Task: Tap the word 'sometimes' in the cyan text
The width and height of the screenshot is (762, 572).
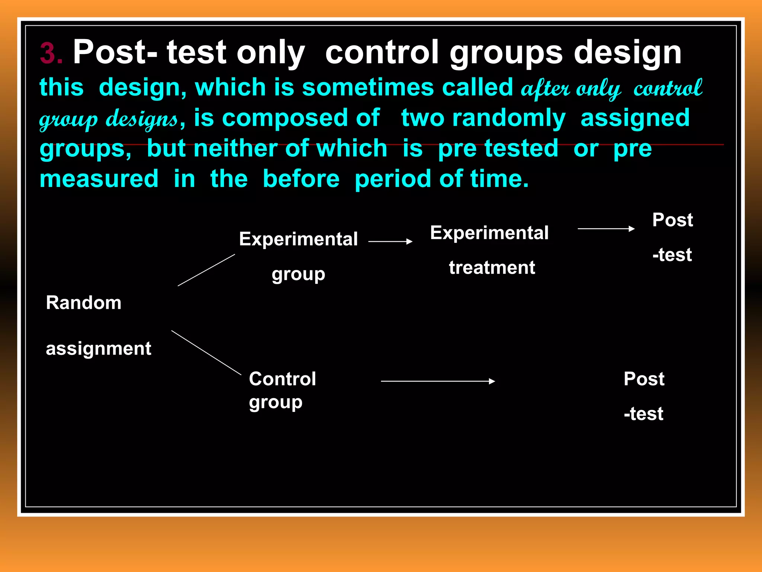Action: [x=368, y=88]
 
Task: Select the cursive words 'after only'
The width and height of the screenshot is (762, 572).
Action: [x=570, y=89]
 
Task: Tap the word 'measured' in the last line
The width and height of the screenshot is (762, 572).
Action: [x=99, y=179]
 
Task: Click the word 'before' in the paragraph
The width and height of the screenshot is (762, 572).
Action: [x=301, y=179]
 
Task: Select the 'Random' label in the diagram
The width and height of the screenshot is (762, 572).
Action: [x=84, y=303]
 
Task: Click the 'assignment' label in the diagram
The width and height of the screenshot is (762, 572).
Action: [x=99, y=349]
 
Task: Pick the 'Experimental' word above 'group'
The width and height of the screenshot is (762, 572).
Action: [x=298, y=239]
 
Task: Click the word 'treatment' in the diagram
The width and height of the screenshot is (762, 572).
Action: [x=492, y=268]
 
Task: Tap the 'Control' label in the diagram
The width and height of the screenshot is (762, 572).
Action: [x=282, y=379]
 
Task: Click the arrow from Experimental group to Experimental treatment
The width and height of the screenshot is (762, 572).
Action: [x=390, y=242]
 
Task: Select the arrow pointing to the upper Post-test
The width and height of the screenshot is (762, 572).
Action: [x=606, y=229]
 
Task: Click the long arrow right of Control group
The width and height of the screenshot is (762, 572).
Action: [x=438, y=381]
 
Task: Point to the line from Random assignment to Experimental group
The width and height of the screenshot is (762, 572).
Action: [x=206, y=270]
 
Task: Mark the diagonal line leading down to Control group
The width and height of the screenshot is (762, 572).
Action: [x=206, y=352]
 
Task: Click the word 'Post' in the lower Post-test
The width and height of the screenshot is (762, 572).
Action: [x=644, y=379]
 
